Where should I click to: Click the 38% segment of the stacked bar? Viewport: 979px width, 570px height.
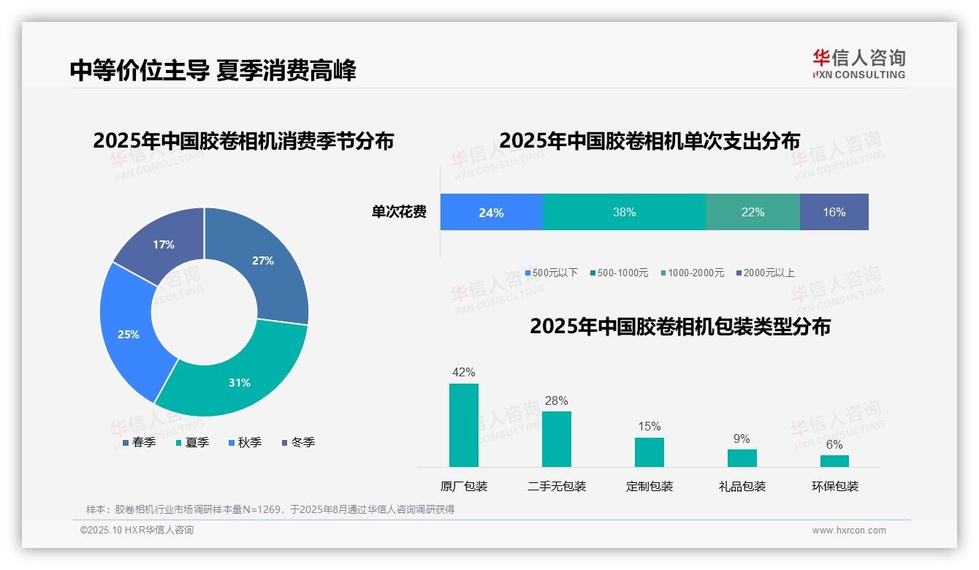pos(624,212)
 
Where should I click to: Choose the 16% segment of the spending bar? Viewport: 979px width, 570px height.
pos(834,212)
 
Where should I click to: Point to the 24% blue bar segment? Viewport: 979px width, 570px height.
pos(491,212)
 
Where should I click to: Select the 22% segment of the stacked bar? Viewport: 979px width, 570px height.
pos(753,212)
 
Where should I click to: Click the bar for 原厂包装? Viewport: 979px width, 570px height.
pos(464,425)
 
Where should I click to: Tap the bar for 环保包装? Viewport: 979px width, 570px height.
pos(834,461)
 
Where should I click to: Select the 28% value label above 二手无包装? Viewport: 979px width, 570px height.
pos(556,400)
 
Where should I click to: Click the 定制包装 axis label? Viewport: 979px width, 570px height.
pos(650,486)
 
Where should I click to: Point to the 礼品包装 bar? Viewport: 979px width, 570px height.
pos(742,458)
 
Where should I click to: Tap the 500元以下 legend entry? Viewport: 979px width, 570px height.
pos(551,273)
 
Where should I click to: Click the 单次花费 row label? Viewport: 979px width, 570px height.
pos(399,212)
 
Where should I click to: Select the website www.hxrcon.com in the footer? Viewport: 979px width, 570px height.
pos(849,531)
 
